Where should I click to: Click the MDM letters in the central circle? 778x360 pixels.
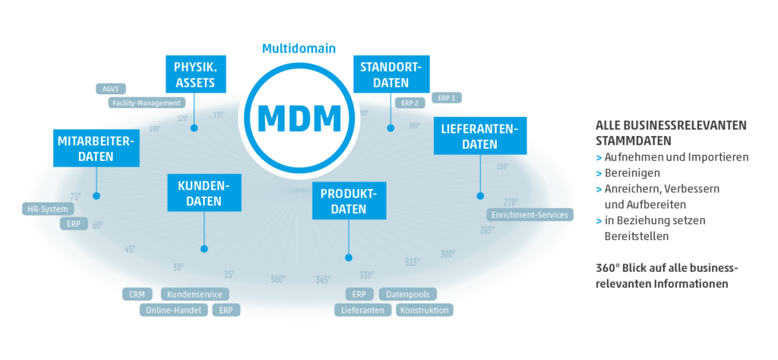pos(299,118)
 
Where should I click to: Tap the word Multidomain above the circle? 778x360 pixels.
pos(299,48)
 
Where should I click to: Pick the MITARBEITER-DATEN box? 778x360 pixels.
pos(96,148)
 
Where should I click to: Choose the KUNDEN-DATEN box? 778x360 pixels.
pos(204,193)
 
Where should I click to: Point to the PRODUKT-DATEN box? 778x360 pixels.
pos(349,201)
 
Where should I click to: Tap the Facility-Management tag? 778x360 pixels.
pos(145,103)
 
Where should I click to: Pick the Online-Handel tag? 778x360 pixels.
pos(173,310)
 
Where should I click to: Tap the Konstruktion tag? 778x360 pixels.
pos(425,310)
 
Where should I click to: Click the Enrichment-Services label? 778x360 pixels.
pos(530,215)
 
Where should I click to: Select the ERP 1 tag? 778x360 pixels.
pos(447,98)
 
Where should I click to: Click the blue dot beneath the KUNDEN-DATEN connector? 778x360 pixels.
pos(204,248)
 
